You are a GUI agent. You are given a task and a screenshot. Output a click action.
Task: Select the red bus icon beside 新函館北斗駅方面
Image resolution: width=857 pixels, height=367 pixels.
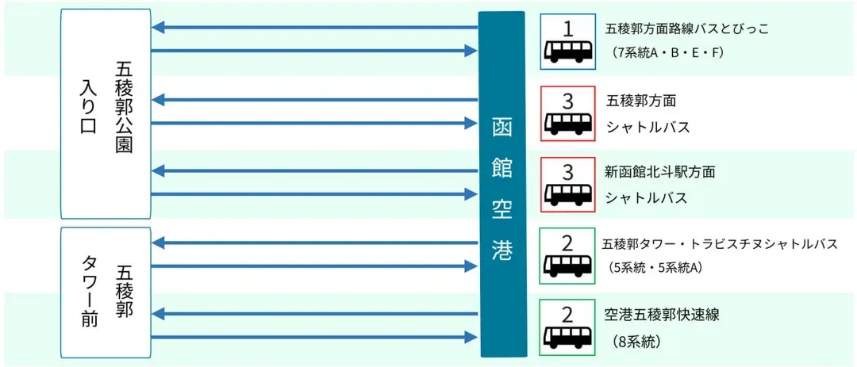point(567,184)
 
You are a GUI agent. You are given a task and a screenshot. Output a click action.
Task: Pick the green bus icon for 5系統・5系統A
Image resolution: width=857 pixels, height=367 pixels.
point(567,256)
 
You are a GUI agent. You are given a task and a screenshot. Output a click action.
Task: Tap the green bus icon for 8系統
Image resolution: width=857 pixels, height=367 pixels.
point(567,327)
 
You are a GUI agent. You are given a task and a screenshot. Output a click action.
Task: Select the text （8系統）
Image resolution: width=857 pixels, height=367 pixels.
point(638,342)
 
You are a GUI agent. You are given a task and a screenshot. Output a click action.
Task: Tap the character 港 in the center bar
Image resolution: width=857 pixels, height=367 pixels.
point(502,251)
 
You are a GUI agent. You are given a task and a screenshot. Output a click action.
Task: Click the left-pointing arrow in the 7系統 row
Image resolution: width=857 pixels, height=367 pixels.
point(315,28)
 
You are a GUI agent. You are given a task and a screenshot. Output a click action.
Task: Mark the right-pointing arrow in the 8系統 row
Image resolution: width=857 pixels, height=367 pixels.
point(315,338)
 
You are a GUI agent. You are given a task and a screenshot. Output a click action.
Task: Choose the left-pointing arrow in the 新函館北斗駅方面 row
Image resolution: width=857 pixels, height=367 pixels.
point(315,170)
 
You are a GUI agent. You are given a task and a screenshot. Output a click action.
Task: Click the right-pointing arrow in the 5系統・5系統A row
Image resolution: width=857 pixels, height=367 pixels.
point(315,266)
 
